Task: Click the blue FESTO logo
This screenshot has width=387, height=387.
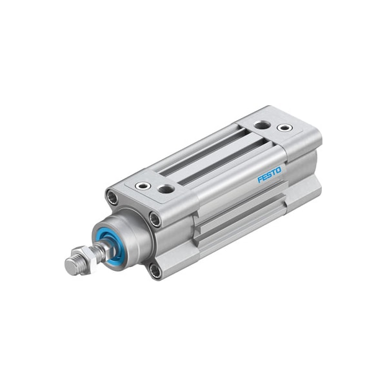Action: [x=270, y=175]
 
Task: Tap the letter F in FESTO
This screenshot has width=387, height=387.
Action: [x=260, y=179]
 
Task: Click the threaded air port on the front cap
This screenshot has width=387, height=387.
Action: [x=166, y=189]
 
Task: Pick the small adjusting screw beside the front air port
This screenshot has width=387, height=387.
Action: [x=143, y=186]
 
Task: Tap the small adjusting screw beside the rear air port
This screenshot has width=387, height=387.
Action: [x=283, y=127]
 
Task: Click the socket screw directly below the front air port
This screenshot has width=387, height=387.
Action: [x=155, y=219]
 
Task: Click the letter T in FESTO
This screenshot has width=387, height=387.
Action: [x=274, y=172]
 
